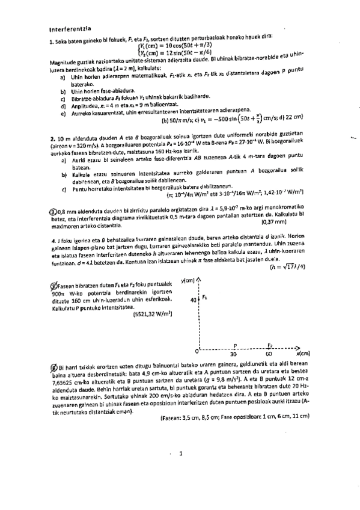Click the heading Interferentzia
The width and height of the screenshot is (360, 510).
[69, 28]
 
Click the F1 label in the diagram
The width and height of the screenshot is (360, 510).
[204, 297]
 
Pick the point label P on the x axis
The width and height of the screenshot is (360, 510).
[234, 345]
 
